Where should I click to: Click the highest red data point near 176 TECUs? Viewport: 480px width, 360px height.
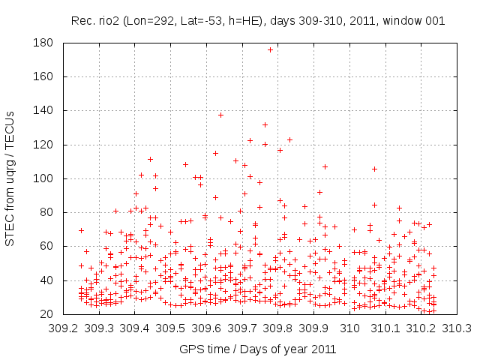[x=270, y=49]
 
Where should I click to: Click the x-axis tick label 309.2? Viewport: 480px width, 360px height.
[x=64, y=328]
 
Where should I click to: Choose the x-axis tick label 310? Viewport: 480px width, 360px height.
[x=350, y=328]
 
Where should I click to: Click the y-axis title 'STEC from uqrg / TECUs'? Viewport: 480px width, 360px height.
[x=10, y=178]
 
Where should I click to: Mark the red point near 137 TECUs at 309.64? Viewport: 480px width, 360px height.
[x=220, y=115]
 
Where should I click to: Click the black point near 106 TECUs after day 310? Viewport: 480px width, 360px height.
[x=374, y=169]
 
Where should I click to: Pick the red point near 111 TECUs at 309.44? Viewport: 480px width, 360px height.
[x=150, y=159]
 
